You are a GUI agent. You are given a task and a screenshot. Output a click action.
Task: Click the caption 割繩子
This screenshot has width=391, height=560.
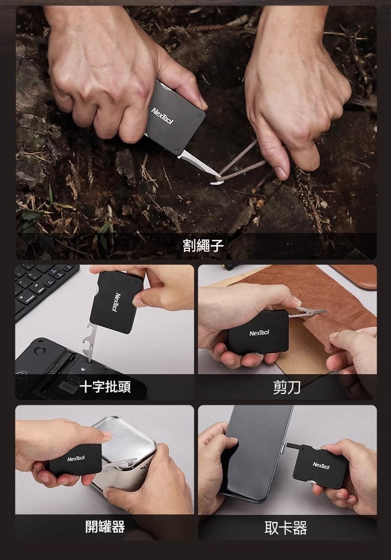coord(203,246)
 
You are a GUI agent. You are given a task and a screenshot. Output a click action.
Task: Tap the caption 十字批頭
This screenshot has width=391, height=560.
coord(105,387)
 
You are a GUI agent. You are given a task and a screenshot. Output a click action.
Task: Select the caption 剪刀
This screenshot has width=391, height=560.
coord(287,387)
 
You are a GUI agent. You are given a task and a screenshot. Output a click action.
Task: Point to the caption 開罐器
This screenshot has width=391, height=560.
coord(105,526)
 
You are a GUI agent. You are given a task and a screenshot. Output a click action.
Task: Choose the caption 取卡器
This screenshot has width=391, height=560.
coord(286,528)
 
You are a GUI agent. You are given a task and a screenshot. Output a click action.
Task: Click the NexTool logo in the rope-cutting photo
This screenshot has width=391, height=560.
coord(163,115)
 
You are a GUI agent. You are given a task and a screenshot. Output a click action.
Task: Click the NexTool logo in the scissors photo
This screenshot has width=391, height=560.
coord(259,333)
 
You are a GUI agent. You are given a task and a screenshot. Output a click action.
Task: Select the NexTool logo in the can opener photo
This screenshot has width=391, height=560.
coord(76,458)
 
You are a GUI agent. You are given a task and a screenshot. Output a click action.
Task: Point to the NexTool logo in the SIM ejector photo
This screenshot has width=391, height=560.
coord(321,465)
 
